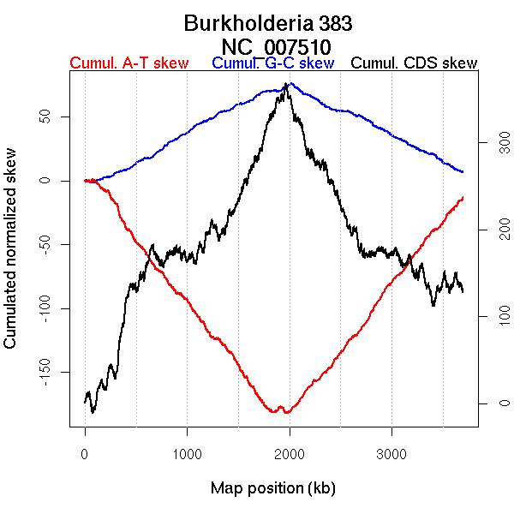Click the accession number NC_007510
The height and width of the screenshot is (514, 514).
[276, 45]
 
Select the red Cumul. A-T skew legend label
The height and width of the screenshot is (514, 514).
[128, 63]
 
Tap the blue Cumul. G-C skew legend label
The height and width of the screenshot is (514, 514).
[272, 63]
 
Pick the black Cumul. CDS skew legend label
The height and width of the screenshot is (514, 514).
[415, 63]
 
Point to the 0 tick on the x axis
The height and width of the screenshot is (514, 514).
[85, 453]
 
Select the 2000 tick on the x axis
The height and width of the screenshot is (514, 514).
[290, 453]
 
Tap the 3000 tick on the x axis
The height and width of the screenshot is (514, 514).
[391, 453]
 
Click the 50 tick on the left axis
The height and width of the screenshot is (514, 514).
[42, 117]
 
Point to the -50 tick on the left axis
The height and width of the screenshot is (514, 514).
[42, 244]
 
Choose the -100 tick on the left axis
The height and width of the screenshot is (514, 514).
[42, 308]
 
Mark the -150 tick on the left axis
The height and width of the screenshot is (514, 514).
[42, 373]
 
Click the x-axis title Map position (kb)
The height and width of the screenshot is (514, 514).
[272, 489]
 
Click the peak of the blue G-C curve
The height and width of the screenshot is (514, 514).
[291, 83]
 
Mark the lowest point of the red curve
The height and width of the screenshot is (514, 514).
[286, 413]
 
